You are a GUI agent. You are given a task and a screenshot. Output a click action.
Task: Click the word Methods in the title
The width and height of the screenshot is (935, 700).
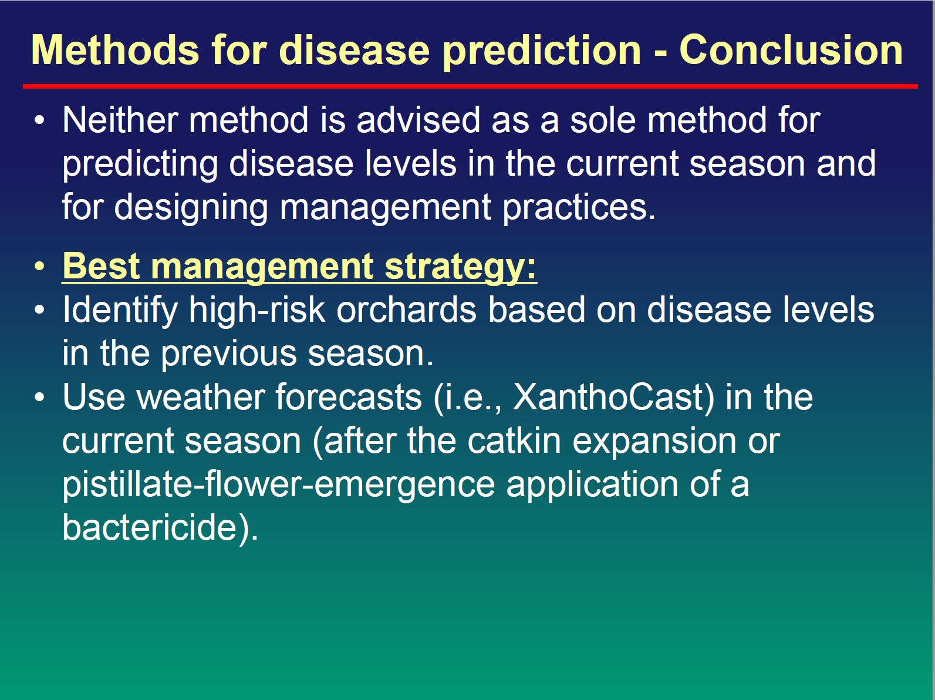(x=115, y=50)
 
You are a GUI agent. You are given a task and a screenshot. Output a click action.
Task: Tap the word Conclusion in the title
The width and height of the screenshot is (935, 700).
(x=791, y=50)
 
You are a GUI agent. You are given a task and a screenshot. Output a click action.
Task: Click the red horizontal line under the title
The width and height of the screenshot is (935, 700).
(x=470, y=86)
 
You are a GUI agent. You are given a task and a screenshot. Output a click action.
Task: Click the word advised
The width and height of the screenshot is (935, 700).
(x=418, y=120)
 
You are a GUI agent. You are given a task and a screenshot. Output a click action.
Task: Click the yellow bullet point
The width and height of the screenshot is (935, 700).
(x=39, y=266)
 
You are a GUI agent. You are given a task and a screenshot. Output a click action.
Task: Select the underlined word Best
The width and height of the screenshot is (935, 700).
(x=101, y=266)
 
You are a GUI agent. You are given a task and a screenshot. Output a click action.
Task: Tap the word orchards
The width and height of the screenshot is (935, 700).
(x=406, y=309)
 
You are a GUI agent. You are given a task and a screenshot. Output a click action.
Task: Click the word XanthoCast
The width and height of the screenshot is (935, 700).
(x=614, y=398)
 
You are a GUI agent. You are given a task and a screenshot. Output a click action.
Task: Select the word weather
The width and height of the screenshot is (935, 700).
(x=200, y=397)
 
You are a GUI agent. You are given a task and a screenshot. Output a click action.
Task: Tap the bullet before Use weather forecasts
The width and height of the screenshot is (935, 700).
(x=39, y=397)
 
